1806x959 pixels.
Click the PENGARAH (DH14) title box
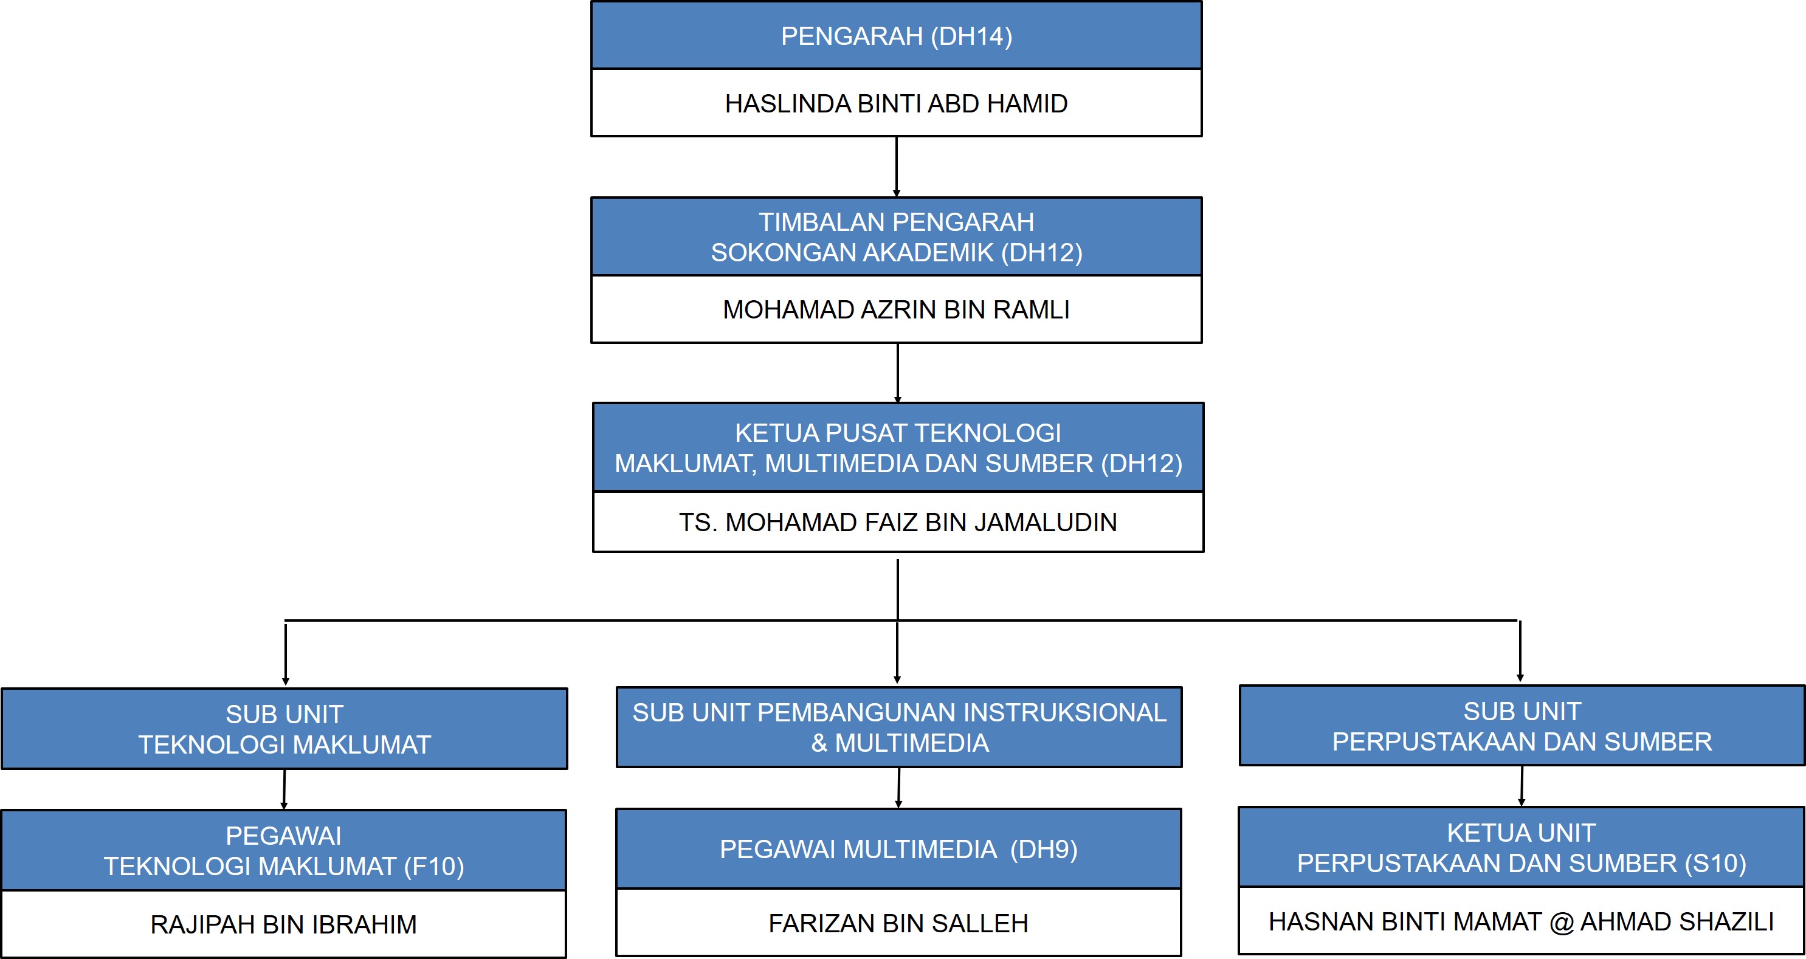point(896,35)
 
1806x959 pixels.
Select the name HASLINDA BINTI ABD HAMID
point(896,104)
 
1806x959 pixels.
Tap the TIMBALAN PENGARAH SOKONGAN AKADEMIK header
point(896,237)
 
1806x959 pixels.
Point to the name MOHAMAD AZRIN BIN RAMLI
point(896,310)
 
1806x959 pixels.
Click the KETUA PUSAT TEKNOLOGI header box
point(898,447)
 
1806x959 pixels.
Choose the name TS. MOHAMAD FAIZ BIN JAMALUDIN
point(898,522)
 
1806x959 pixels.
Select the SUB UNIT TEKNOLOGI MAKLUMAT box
point(284,729)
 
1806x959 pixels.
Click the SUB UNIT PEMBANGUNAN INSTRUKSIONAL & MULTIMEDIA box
point(900,727)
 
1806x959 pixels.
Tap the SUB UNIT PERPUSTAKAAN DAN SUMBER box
point(1522,726)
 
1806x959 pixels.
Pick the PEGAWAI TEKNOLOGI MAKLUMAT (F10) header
point(284,850)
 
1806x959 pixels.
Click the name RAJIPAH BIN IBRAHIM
point(284,924)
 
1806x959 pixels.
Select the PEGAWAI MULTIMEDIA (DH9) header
point(899,849)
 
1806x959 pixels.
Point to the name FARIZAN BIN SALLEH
point(899,923)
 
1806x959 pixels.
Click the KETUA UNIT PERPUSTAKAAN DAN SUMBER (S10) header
point(1522,848)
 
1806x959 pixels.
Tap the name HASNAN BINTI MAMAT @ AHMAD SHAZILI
point(1522,921)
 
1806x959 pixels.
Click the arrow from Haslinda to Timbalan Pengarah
point(897,167)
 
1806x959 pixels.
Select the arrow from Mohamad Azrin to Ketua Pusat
point(897,373)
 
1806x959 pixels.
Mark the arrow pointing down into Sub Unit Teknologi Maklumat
point(285,654)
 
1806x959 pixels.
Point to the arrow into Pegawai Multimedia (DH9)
point(899,788)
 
